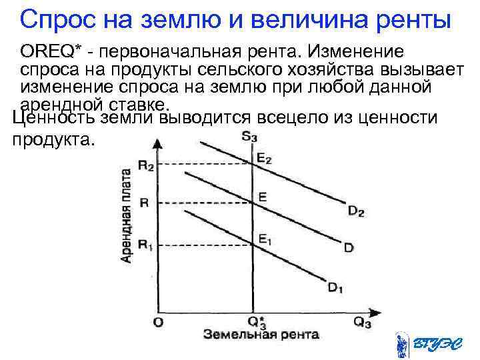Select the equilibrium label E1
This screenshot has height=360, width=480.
point(265,237)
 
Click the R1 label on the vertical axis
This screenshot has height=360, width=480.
point(145,245)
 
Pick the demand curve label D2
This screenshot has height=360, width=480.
point(356,211)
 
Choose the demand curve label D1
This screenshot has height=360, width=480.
point(336,288)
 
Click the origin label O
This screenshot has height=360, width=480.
point(157,323)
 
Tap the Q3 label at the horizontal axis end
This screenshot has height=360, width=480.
point(362,323)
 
